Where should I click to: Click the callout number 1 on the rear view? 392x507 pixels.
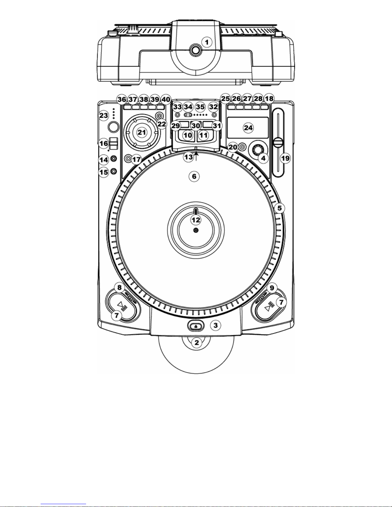click(x=207, y=42)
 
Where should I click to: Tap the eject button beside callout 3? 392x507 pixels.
click(x=196, y=326)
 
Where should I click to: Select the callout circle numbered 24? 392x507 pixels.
click(x=248, y=128)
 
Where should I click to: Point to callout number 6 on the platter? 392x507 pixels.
click(x=194, y=176)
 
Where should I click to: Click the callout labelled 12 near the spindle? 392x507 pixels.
click(x=196, y=220)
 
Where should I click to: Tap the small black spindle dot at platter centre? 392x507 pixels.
click(x=196, y=230)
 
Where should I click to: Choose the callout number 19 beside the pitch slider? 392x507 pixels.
click(x=285, y=158)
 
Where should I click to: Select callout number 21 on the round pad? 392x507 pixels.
click(x=142, y=132)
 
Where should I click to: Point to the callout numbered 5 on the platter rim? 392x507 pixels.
click(x=279, y=208)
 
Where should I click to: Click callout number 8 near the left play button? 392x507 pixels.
click(x=119, y=288)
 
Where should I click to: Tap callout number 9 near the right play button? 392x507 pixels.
click(x=272, y=288)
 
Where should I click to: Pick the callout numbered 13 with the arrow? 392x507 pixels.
click(x=188, y=157)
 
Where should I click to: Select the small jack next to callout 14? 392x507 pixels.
click(x=113, y=159)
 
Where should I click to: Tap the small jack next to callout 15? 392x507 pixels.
click(x=113, y=172)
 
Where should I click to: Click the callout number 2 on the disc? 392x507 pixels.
click(x=196, y=343)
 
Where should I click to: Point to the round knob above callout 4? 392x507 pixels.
click(x=258, y=149)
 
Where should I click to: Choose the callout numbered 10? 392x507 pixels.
click(x=188, y=135)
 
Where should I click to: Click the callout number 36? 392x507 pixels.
click(x=122, y=99)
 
